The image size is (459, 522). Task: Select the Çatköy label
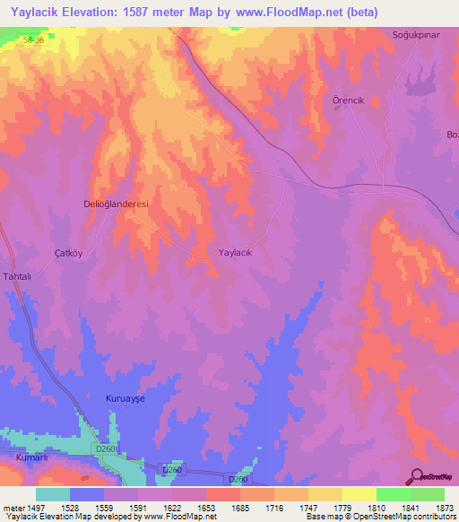coord(68,253)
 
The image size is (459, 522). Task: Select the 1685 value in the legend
coord(239,507)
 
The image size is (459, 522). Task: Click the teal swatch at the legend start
coord(53,494)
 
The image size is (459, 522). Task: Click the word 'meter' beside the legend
coord(12,507)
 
